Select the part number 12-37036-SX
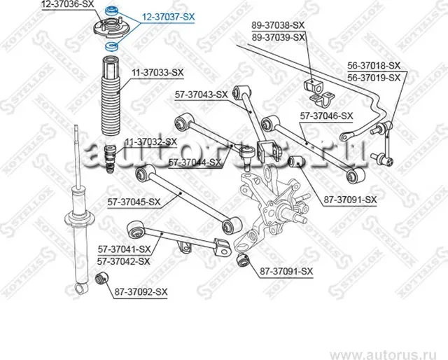tap(67, 4)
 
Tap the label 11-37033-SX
tap(157, 72)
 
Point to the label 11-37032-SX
tap(150, 141)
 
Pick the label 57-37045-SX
tap(134, 202)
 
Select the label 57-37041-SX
tap(124, 249)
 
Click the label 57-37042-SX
tap(124, 261)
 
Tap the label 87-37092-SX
tap(141, 291)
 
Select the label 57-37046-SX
tap(327, 115)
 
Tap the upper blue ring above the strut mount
tap(109, 11)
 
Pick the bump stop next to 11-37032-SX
tap(109, 160)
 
